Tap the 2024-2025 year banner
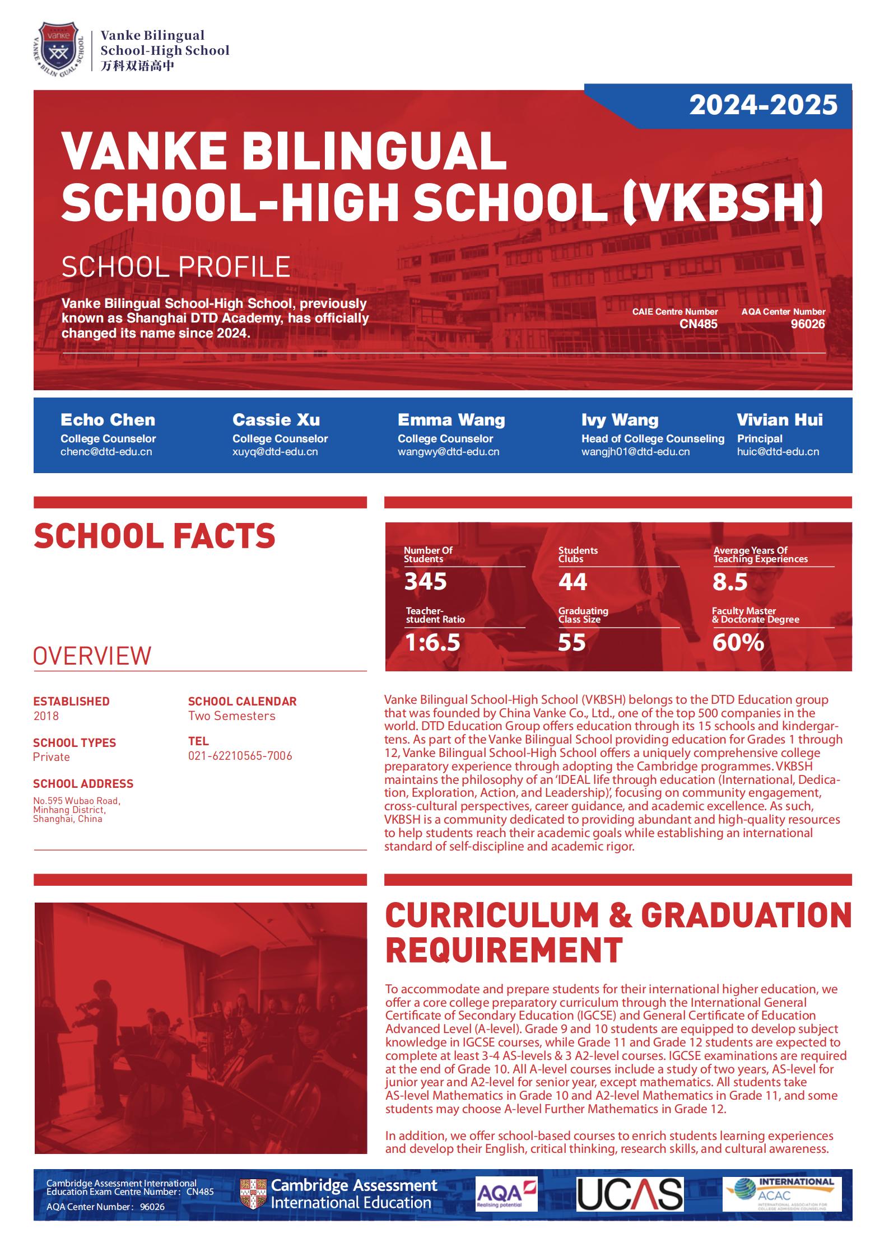click(763, 105)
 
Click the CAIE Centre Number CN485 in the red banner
click(698, 324)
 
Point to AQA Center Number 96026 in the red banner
click(807, 324)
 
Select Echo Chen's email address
click(106, 452)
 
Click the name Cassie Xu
click(276, 420)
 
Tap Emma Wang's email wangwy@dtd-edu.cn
click(448, 452)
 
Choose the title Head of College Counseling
click(653, 438)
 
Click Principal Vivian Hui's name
click(779, 420)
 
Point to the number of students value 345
click(425, 582)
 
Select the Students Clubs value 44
click(573, 582)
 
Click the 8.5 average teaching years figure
click(730, 582)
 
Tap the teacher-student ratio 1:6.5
click(432, 642)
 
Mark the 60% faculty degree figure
click(738, 642)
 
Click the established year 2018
click(46, 716)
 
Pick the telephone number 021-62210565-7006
click(240, 756)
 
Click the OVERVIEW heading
click(92, 656)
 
